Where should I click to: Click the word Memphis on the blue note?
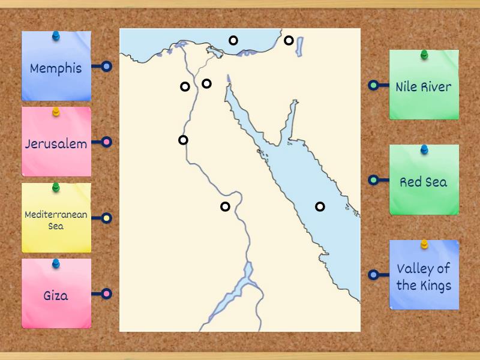pyautogui.click(x=56, y=68)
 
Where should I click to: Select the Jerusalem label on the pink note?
pyautogui.click(x=56, y=144)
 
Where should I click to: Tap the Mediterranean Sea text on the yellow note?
pyautogui.click(x=56, y=220)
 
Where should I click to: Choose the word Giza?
pyautogui.click(x=56, y=295)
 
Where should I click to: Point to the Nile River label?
pyautogui.click(x=424, y=87)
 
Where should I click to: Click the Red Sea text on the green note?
pyautogui.click(x=424, y=182)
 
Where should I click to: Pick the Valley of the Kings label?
pyautogui.click(x=424, y=277)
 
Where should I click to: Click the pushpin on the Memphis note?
pyautogui.click(x=56, y=36)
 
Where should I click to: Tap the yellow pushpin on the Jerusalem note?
pyautogui.click(x=56, y=112)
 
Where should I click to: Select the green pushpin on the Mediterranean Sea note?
pyautogui.click(x=56, y=187)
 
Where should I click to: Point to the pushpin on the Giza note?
pyautogui.click(x=56, y=263)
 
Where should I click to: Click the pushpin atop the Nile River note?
pyautogui.click(x=424, y=55)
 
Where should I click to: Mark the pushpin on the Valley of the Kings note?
pyautogui.click(x=424, y=244)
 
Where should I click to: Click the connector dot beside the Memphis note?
pyautogui.click(x=106, y=67)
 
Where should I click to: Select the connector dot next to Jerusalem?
pyautogui.click(x=106, y=142)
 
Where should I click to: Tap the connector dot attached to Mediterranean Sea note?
pyautogui.click(x=106, y=218)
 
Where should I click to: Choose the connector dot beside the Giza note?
pyautogui.click(x=106, y=293)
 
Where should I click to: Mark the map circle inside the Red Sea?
pyautogui.click(x=320, y=206)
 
